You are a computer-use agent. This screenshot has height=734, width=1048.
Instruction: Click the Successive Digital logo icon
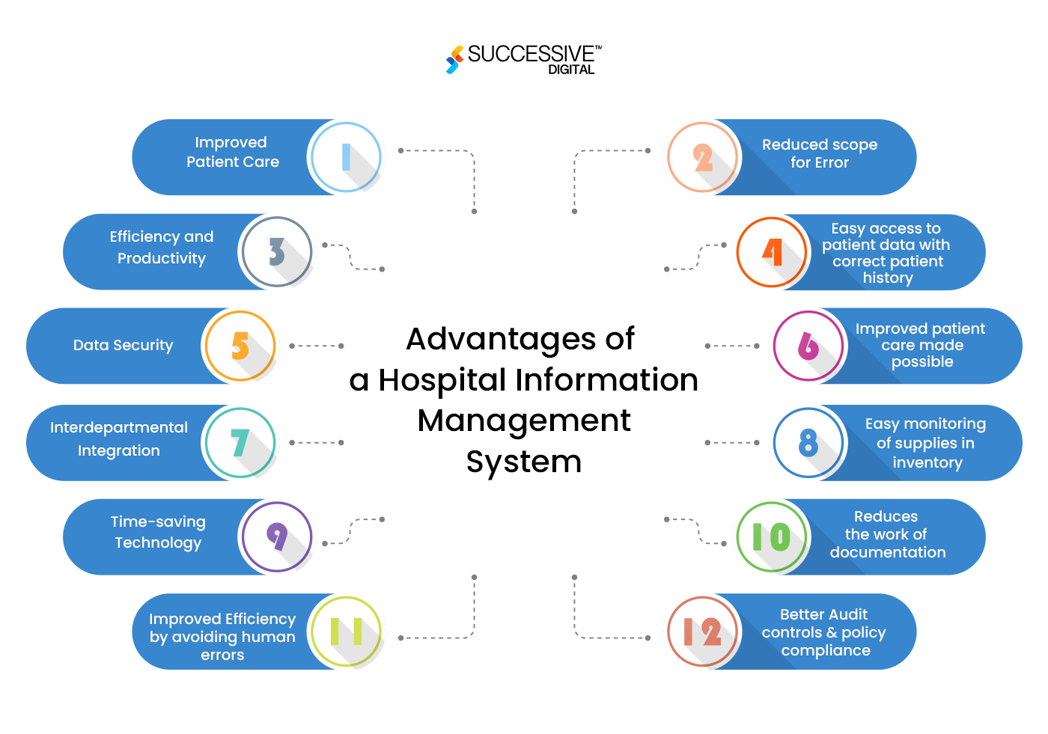[454, 60]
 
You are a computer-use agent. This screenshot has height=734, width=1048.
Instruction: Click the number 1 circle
[346, 157]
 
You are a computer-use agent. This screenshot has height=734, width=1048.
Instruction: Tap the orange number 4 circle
[772, 252]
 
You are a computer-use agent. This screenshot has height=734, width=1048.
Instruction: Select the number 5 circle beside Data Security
[240, 346]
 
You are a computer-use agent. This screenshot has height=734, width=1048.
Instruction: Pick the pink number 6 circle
[808, 346]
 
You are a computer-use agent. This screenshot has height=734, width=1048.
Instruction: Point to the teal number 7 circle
[240, 443]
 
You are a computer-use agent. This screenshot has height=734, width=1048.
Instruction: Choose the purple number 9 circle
[277, 536]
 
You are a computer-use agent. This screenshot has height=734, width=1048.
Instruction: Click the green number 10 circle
[772, 536]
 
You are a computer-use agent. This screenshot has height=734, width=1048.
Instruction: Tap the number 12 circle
[703, 632]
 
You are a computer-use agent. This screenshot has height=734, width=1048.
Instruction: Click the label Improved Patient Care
[232, 152]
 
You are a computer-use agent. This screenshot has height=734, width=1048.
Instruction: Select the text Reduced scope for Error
[820, 153]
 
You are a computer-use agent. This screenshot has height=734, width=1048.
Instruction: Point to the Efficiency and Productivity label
[162, 248]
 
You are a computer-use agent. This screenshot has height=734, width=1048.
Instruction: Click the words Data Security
[123, 345]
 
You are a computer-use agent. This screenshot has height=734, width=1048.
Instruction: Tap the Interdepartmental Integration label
[119, 438]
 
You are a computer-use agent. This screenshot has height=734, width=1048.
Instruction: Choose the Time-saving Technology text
[158, 532]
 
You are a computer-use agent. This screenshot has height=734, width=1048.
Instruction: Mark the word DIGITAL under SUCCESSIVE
[571, 70]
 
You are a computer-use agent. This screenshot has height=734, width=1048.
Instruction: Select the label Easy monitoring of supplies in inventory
[926, 443]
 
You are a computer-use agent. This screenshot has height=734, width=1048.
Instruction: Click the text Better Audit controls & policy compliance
[824, 632]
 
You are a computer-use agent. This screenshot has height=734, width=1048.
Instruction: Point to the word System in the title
[524, 462]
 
